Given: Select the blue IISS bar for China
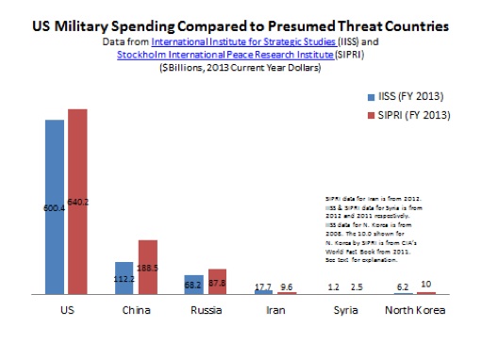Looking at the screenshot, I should tap(124, 278).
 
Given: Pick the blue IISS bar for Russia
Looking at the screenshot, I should tap(194, 285).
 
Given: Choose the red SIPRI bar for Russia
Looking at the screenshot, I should tap(217, 282).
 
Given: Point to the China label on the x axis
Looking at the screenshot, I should tap(136, 308).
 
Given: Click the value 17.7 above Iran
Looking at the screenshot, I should tap(263, 285).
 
